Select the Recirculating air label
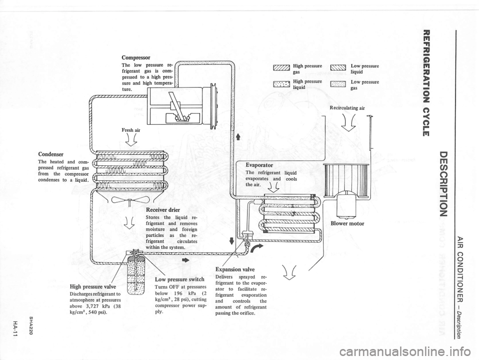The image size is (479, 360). tap(347, 107)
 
